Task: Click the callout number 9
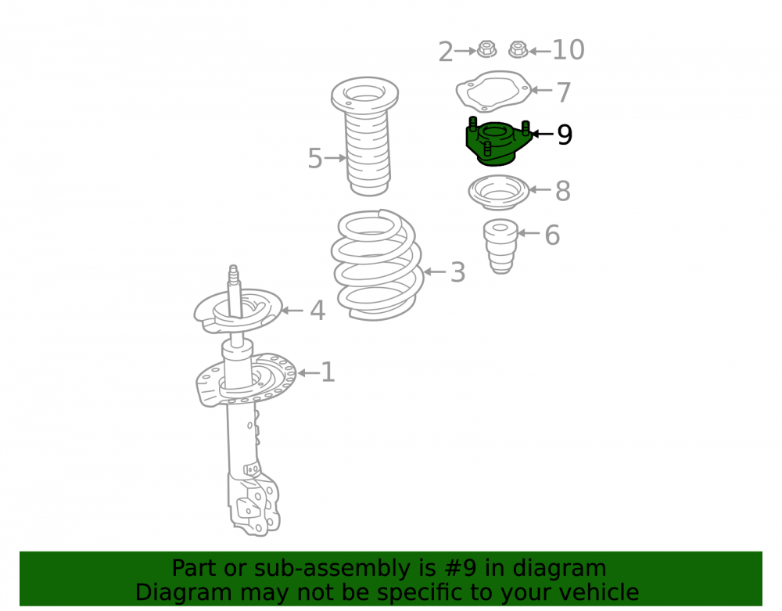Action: pyautogui.click(x=565, y=135)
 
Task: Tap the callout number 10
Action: pyautogui.click(x=569, y=50)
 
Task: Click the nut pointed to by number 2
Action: pyautogui.click(x=486, y=49)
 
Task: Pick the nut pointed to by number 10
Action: pyautogui.click(x=518, y=49)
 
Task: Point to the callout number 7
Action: pyautogui.click(x=564, y=92)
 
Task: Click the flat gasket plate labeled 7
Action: pyautogui.click(x=493, y=92)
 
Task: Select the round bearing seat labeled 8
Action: pyautogui.click(x=498, y=192)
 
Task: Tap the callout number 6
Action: pyautogui.click(x=552, y=235)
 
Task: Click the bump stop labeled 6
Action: pyautogui.click(x=500, y=246)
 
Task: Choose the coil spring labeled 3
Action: pyautogui.click(x=378, y=264)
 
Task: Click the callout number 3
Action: pyautogui.click(x=457, y=273)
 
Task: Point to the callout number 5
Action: pyautogui.click(x=315, y=159)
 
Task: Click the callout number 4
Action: pyautogui.click(x=317, y=311)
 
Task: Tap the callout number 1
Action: pyautogui.click(x=328, y=372)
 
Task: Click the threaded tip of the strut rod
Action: pyautogui.click(x=233, y=273)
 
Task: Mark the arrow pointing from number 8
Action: pyautogui.click(x=540, y=189)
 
